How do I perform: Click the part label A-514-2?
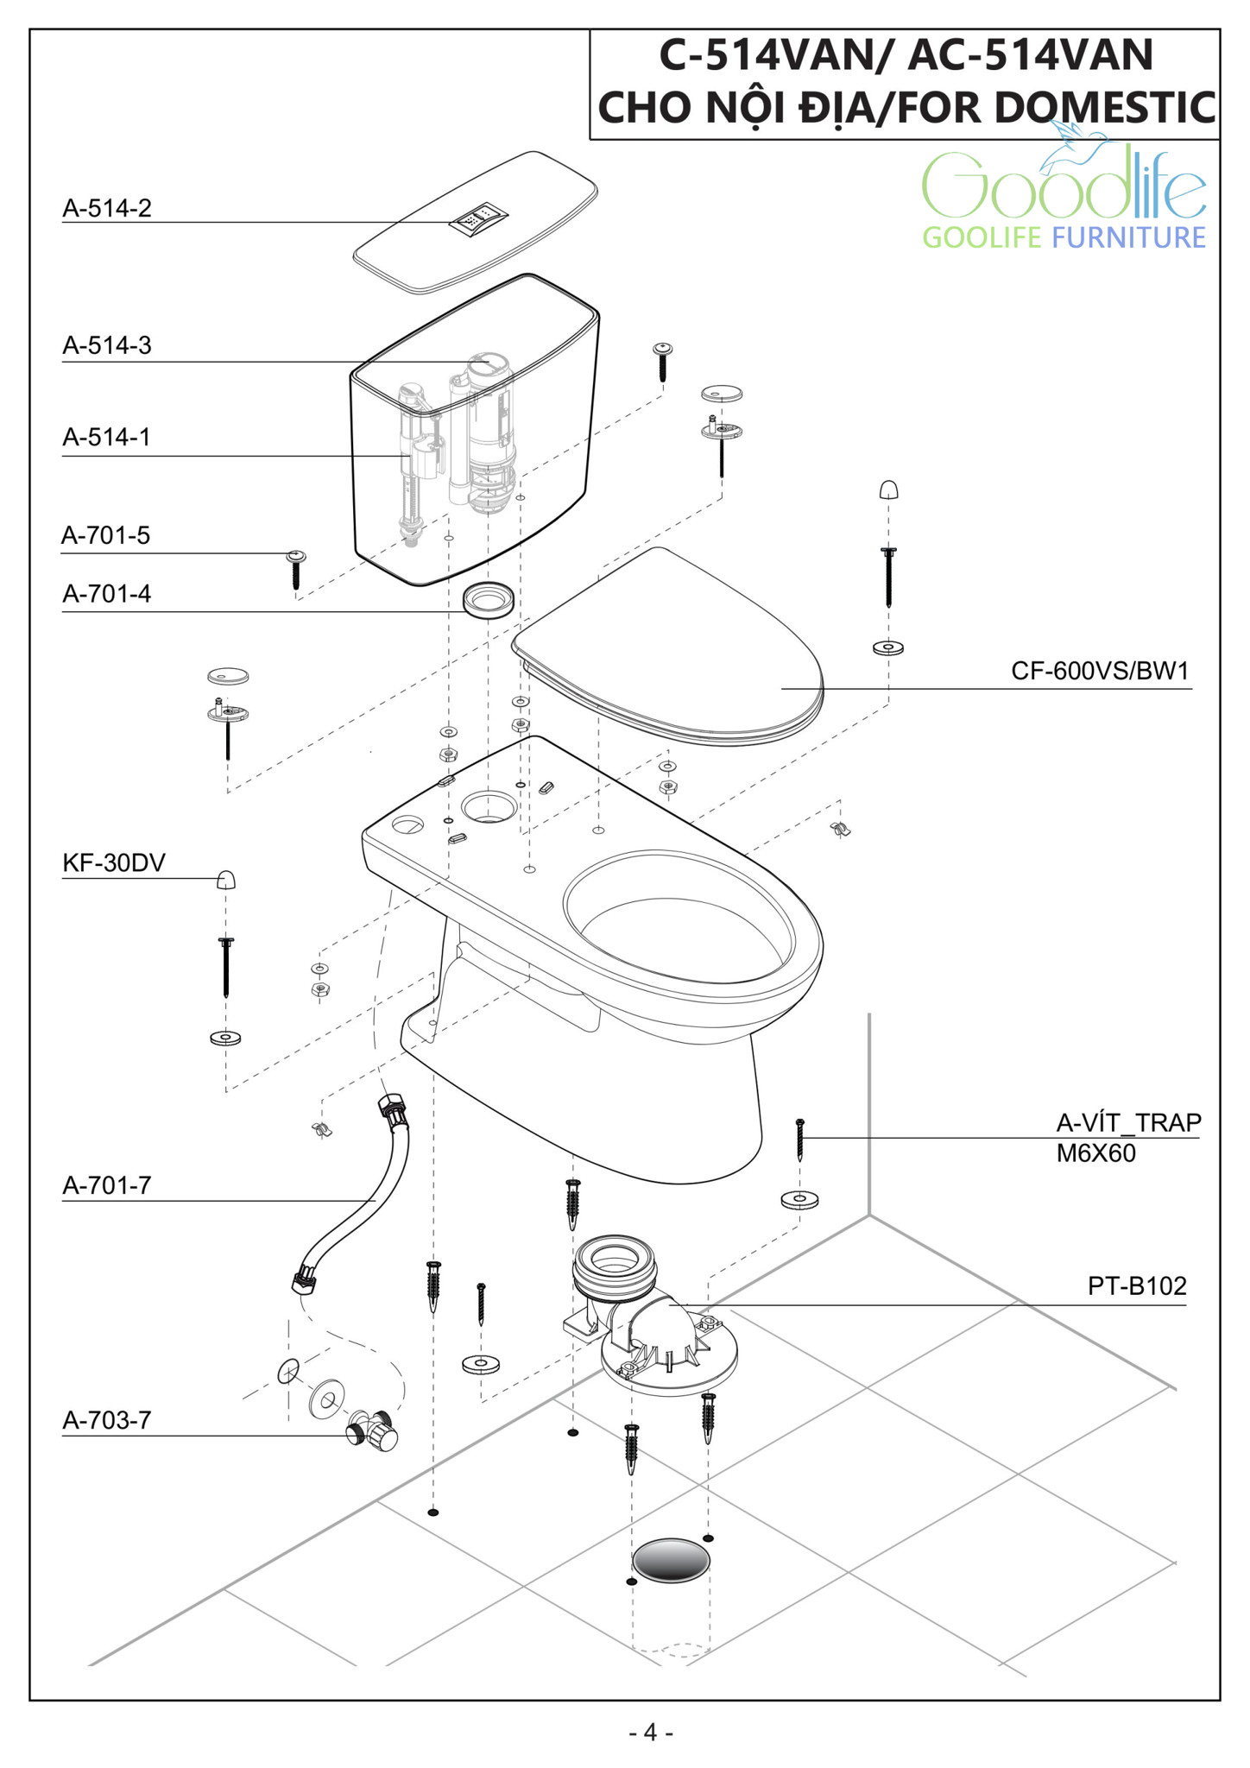[x=107, y=208]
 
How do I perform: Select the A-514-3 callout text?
[x=107, y=345]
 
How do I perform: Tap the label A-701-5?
[x=105, y=535]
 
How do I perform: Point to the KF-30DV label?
[x=114, y=862]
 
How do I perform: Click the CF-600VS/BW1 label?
[x=1100, y=671]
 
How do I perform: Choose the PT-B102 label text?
[x=1136, y=1286]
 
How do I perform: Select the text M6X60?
[x=1095, y=1153]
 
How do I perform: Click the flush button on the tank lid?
[x=477, y=218]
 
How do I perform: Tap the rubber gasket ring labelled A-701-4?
[x=489, y=598]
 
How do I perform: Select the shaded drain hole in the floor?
[x=671, y=1560]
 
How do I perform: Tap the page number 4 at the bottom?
[x=650, y=1732]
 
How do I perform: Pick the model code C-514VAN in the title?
[x=763, y=55]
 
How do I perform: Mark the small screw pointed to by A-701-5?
[x=296, y=569]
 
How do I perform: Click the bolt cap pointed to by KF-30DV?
[x=225, y=880]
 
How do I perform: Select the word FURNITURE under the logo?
[x=1128, y=237]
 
